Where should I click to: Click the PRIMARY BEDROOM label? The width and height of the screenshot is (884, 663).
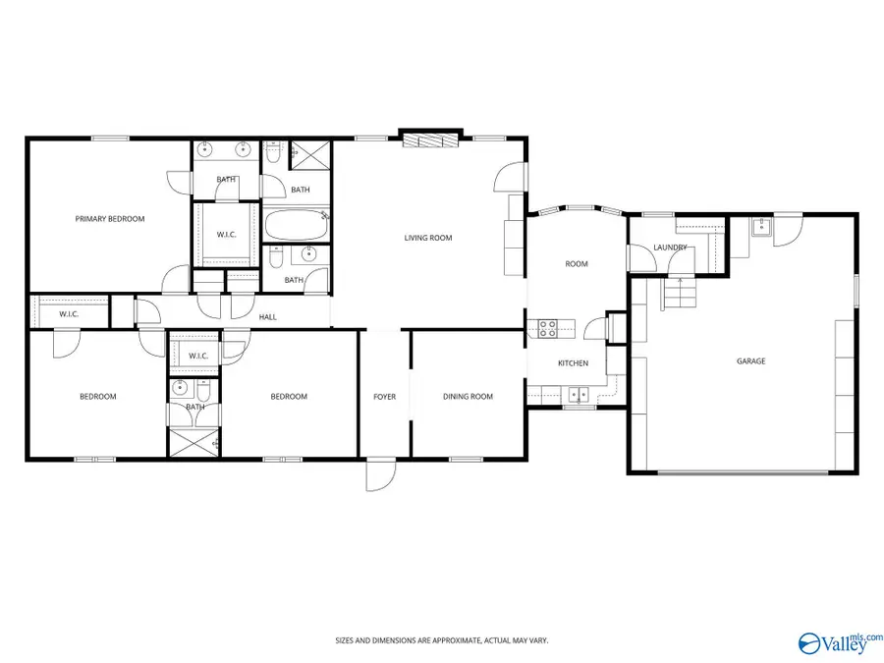click(110, 219)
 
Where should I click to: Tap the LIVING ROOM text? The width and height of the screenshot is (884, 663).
click(428, 238)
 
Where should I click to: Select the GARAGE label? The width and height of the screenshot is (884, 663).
click(751, 361)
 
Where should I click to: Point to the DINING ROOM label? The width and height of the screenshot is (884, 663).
click(468, 397)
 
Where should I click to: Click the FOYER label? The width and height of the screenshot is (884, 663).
click(384, 397)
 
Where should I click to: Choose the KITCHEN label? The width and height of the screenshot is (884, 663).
click(573, 363)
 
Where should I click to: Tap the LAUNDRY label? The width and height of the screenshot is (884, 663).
click(670, 248)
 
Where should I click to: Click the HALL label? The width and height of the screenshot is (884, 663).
click(267, 317)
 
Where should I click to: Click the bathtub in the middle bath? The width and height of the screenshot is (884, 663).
click(297, 226)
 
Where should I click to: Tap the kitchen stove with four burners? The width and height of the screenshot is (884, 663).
click(547, 329)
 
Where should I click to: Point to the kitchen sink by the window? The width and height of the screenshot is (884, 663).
click(579, 395)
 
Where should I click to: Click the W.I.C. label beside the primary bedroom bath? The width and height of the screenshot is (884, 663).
click(225, 235)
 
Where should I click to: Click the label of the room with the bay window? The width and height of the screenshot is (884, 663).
click(576, 263)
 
